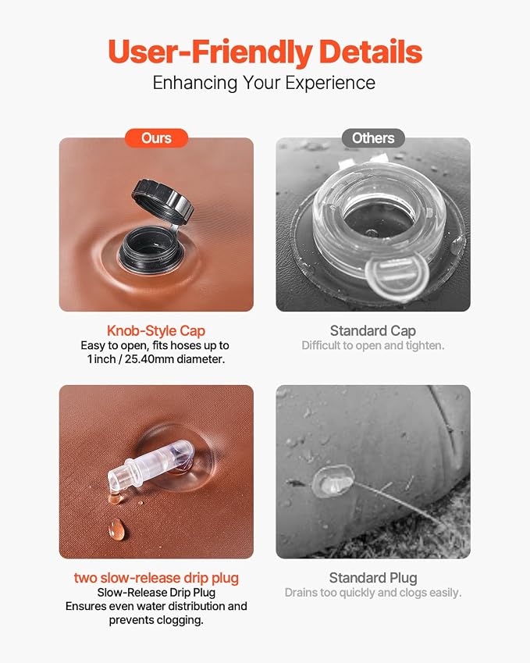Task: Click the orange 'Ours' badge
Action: (156, 138)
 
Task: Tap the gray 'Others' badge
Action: (373, 138)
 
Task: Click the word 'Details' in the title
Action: (371, 52)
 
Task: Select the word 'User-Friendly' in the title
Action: (210, 52)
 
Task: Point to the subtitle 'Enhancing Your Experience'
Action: (264, 83)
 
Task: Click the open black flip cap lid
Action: (162, 201)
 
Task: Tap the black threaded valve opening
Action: (151, 249)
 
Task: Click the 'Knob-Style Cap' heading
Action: (156, 330)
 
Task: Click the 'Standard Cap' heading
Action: (373, 330)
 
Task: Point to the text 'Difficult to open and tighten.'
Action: (373, 345)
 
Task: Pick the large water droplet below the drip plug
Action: (116, 529)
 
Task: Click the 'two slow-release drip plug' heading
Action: (156, 578)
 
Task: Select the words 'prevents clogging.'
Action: (156, 620)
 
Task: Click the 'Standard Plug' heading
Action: (373, 578)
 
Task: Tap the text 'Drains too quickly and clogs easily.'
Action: (373, 593)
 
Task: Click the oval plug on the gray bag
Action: (333, 480)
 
